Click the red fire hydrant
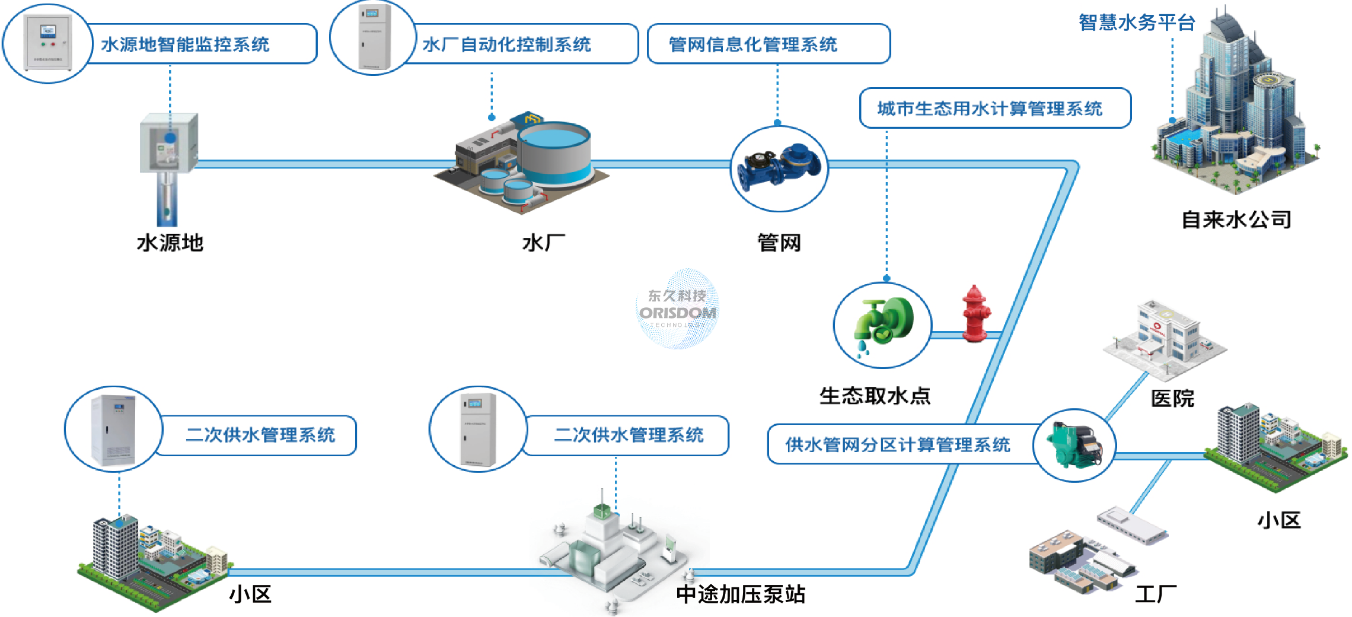click(974, 314)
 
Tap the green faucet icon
click(882, 325)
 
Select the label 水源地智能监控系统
click(185, 44)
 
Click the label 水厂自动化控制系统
click(506, 44)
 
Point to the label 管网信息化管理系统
click(752, 44)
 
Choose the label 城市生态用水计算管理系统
click(990, 109)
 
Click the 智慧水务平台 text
click(1136, 23)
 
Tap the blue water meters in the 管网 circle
click(779, 167)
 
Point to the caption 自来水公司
click(1236, 220)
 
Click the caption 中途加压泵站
click(741, 594)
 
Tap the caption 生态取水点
click(875, 396)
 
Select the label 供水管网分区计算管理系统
click(898, 445)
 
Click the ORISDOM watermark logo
click(677, 308)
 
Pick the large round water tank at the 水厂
click(554, 151)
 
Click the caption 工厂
click(1156, 594)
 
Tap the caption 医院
click(1172, 398)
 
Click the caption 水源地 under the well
click(170, 243)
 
